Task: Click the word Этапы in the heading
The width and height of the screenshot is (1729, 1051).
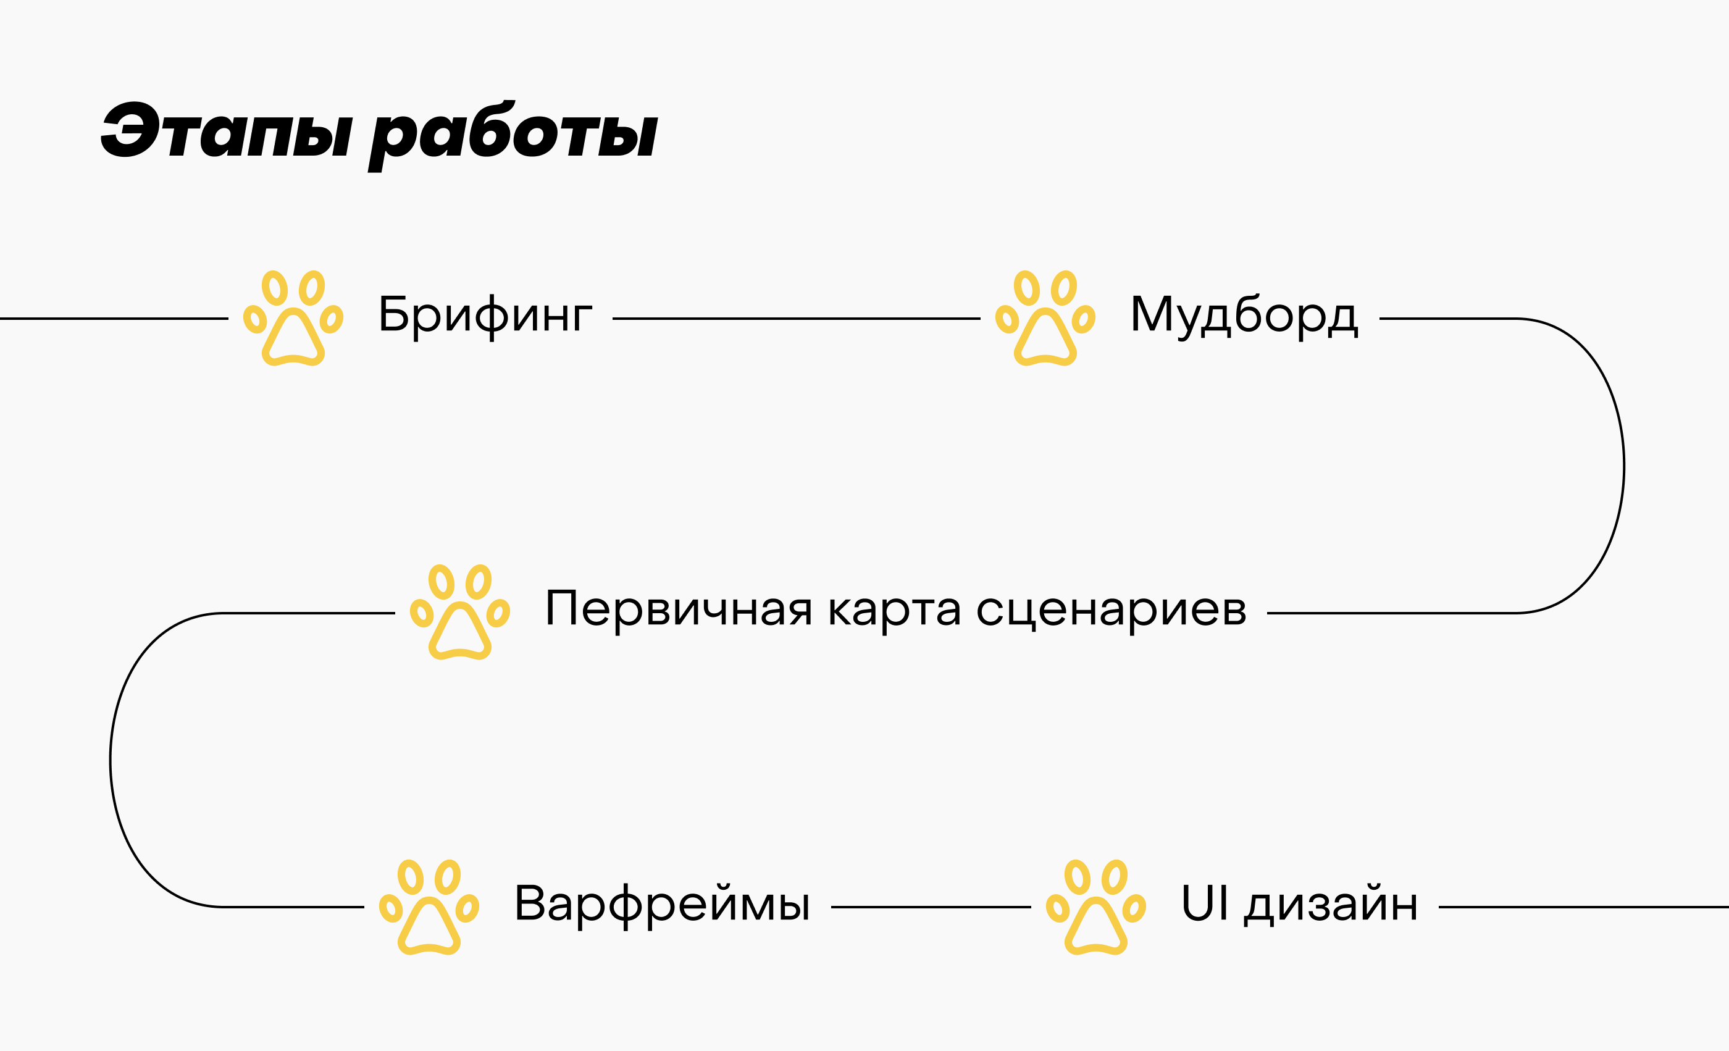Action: (227, 131)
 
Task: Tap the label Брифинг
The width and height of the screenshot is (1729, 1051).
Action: (485, 315)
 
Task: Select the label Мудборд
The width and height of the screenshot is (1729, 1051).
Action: (1244, 315)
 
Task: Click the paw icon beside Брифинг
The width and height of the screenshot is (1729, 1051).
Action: (293, 318)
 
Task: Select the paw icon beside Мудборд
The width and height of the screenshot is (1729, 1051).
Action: (1045, 318)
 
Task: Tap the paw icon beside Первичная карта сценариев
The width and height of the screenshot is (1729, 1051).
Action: (459, 612)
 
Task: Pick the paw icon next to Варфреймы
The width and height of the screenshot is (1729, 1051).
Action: (429, 907)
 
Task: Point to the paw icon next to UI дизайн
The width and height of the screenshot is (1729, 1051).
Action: (1095, 907)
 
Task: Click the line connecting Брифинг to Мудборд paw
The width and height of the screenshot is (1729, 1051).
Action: (796, 319)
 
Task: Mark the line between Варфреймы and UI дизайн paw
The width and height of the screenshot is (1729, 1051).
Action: (931, 907)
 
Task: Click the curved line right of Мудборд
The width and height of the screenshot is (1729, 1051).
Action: (1624, 466)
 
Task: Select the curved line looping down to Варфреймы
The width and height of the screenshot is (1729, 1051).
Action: (110, 761)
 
